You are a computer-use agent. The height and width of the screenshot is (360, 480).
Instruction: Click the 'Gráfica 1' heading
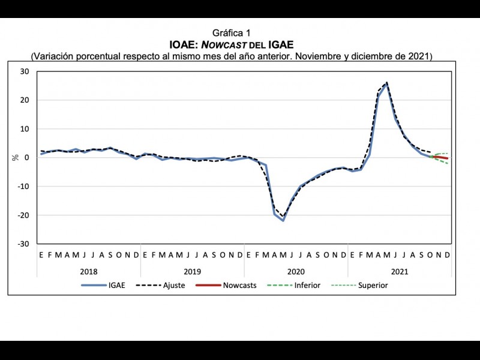(231, 33)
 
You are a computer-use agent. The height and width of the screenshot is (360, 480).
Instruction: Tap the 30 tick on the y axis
(25, 71)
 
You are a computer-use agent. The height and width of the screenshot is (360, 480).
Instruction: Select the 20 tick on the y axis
(25, 100)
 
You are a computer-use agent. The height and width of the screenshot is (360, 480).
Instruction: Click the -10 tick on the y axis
(24, 187)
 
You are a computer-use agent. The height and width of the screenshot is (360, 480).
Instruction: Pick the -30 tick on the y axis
(24, 244)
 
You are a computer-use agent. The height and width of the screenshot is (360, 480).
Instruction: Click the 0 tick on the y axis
(28, 158)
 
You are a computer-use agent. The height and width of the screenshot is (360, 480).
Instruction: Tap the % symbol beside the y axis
(16, 158)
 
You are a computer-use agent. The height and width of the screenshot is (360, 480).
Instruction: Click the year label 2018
(88, 271)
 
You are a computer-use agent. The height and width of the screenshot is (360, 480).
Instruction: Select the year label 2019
(192, 271)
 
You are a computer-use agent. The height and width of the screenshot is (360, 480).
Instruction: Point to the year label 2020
(296, 271)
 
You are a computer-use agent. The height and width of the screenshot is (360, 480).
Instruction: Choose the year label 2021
(399, 271)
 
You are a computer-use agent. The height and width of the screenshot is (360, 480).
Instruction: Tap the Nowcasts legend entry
(239, 285)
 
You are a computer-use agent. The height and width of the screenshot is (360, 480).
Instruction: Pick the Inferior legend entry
(307, 285)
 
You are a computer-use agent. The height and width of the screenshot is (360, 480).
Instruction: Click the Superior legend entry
(373, 285)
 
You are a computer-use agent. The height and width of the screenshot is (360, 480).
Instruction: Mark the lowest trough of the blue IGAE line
(283, 221)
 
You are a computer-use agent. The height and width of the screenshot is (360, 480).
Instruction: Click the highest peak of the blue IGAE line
(386, 85)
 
